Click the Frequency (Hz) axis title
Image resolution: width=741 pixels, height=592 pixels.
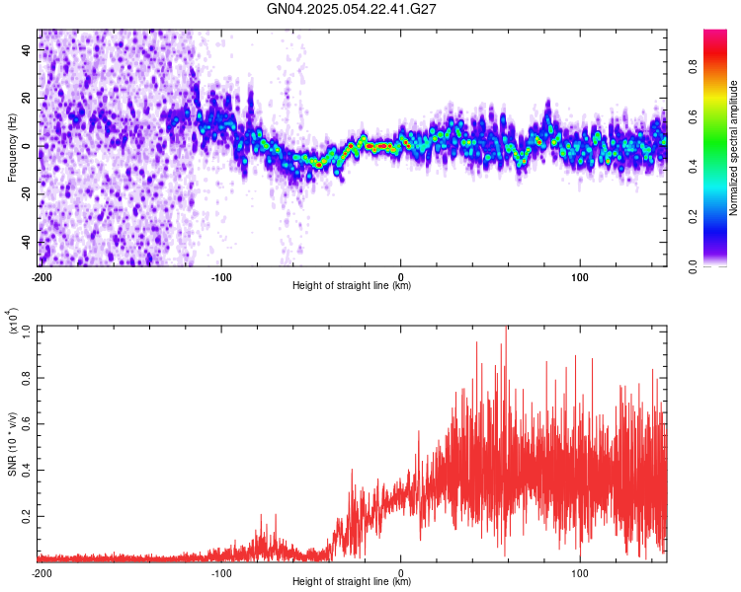tap(12, 148)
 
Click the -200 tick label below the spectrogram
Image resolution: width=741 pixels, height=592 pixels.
tap(41, 276)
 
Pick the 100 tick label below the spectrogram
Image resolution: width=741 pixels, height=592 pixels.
tap(580, 276)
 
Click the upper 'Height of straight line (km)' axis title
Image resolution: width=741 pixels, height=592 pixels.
tap(352, 286)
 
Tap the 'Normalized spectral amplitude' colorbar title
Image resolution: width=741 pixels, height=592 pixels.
tap(734, 148)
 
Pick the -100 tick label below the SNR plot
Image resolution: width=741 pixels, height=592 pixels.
tap(221, 572)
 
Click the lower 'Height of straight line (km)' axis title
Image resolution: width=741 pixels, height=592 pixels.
tap(352, 582)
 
